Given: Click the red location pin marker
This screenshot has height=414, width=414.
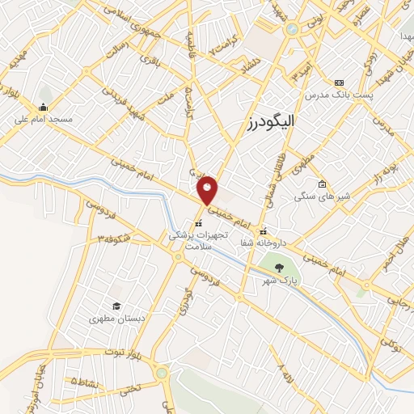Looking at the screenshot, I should coord(208,189).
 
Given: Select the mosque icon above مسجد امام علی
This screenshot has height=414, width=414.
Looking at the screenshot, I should coord(42,107).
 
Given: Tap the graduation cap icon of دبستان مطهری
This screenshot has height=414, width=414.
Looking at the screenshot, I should coord(116,306).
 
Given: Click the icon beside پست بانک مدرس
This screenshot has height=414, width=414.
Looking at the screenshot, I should coord(338,82).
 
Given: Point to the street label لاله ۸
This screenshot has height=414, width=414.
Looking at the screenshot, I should coord(285,374).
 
